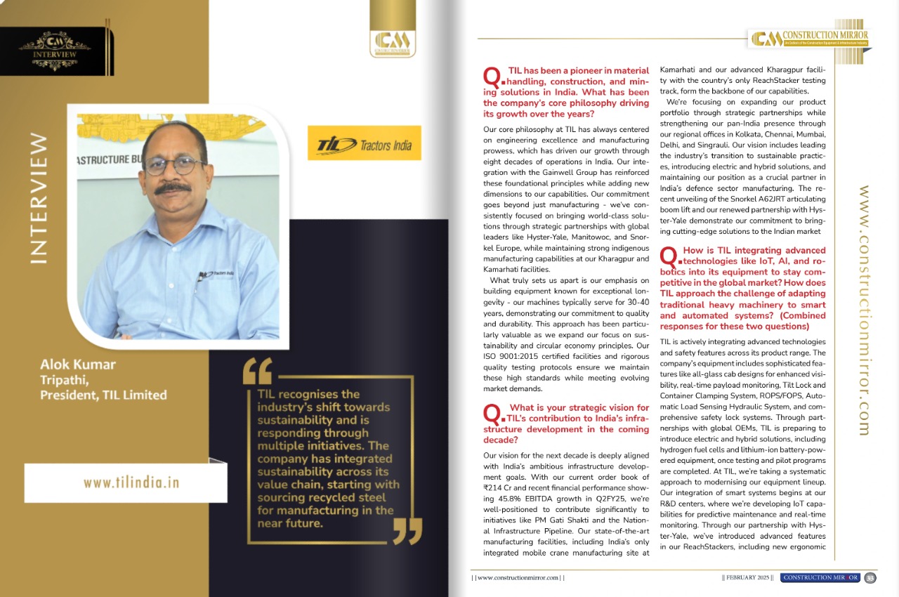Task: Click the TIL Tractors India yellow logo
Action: (364, 143)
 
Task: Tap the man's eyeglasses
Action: (174, 165)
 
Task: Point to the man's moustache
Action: (173, 188)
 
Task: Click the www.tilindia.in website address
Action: (131, 483)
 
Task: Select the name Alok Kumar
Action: (77, 365)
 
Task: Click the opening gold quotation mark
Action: (256, 371)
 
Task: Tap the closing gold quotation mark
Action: (407, 531)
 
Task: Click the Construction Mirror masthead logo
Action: (810, 38)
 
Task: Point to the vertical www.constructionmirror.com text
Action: (865, 310)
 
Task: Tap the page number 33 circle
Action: (870, 577)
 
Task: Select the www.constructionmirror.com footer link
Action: (518, 577)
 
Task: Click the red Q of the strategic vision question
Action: (492, 412)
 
